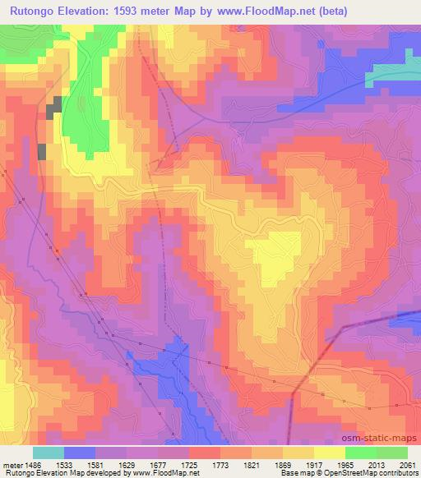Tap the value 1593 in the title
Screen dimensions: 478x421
coord(143,11)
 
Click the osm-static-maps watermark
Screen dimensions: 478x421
coord(379,439)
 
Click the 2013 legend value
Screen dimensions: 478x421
coord(377,464)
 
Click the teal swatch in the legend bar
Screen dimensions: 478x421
coord(49,453)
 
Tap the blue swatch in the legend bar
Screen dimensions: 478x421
coord(80,453)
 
